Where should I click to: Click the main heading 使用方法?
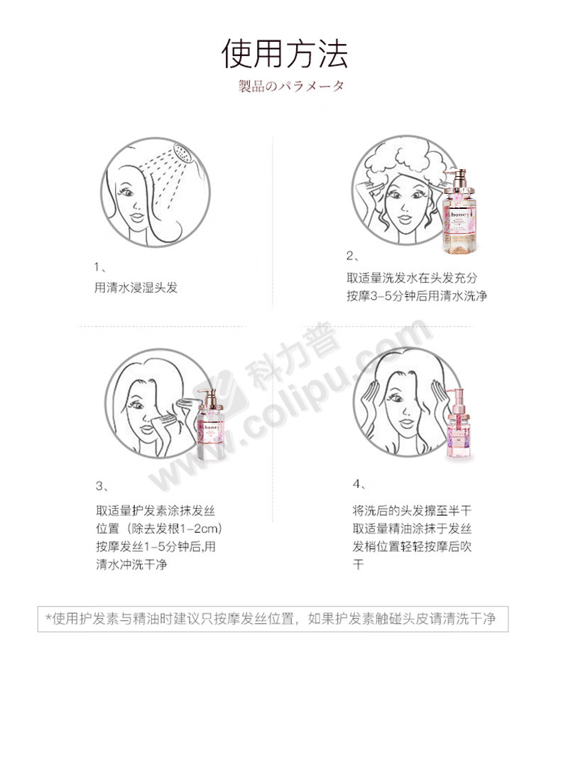tap(285, 54)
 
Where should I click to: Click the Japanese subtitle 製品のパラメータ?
tap(291, 86)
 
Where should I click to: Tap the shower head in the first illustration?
tap(183, 152)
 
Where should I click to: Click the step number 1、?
tap(100, 267)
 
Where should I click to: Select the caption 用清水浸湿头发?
tap(136, 288)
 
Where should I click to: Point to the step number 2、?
tap(353, 256)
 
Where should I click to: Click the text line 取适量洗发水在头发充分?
tap(412, 278)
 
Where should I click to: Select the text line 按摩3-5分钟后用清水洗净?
tap(417, 296)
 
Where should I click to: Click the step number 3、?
tap(102, 487)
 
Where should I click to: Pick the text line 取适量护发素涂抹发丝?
tap(155, 511)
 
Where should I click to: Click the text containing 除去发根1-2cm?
tap(158, 529)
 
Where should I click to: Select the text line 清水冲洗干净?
tap(131, 564)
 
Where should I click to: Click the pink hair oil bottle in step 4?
tap(458, 425)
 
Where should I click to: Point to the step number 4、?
tap(359, 484)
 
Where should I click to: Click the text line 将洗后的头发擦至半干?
tap(412, 511)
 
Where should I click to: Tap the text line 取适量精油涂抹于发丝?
tap(412, 529)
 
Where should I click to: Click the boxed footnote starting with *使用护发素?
tap(273, 619)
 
